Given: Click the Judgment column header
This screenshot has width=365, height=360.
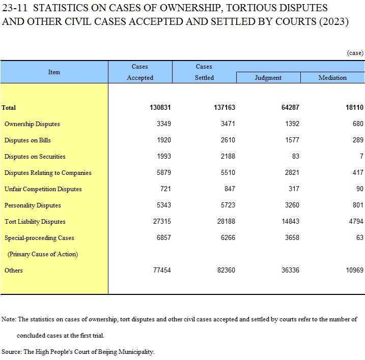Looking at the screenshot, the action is [268, 78].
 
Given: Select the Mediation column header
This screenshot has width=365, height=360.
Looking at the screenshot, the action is [332, 78].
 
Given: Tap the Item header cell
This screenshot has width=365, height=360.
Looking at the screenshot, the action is [54, 72].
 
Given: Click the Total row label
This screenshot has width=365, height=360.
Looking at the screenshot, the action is [9, 108].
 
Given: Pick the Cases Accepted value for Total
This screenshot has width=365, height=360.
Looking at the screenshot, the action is [160, 107].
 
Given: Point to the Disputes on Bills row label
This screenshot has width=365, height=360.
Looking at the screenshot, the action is [27, 140].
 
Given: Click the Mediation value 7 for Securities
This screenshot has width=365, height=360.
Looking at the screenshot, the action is [361, 156].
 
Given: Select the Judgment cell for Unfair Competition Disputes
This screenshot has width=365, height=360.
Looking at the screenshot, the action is [294, 189].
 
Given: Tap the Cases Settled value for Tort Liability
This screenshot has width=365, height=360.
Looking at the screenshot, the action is [226, 221].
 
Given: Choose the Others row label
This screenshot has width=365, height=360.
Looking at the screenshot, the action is [14, 270].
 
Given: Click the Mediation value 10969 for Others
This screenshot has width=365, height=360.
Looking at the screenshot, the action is [354, 270].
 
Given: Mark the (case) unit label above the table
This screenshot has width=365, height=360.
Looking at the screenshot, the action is [355, 53].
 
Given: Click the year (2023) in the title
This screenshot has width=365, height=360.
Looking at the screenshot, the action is [334, 22].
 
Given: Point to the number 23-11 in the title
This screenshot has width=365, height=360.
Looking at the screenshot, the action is [15, 8].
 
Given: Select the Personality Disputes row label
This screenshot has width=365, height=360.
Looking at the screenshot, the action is [33, 205].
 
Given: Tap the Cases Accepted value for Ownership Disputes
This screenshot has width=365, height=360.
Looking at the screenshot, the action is [164, 124].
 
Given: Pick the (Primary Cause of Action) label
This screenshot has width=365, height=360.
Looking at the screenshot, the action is [43, 254].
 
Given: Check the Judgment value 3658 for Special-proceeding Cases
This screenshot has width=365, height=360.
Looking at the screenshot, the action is [292, 237].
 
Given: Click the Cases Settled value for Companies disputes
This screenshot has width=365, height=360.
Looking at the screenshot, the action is [228, 172].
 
